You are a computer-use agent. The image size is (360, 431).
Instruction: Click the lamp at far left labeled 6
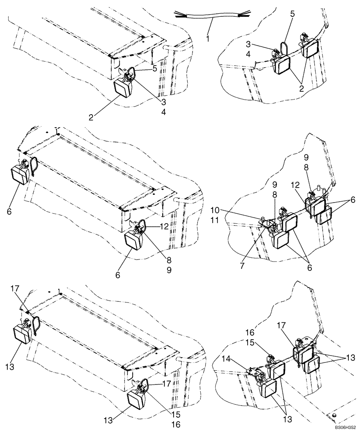coord(19,175)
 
